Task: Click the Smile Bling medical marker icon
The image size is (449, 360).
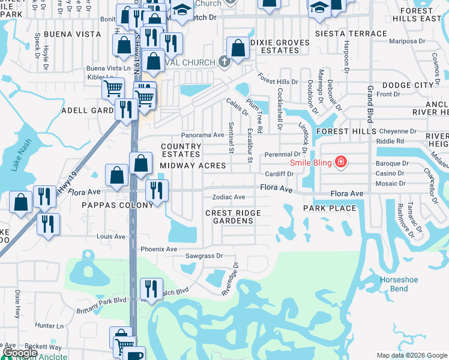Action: (x=341, y=162)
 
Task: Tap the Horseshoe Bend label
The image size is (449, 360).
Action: (x=394, y=284)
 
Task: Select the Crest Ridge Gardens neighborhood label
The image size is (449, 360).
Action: (x=233, y=217)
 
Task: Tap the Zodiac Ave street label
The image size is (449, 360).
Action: (x=228, y=197)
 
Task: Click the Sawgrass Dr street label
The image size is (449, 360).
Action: (x=204, y=256)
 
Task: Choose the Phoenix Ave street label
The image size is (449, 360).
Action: (x=158, y=249)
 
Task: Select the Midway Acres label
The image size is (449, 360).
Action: (x=192, y=166)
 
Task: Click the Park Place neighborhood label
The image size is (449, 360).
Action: (x=330, y=208)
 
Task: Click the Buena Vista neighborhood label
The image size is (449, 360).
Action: (x=73, y=34)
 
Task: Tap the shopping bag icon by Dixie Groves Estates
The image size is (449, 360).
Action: (x=238, y=50)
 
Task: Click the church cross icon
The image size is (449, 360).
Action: (x=224, y=61)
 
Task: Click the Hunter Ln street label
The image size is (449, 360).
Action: (x=49, y=326)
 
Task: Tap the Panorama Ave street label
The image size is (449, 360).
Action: (x=203, y=135)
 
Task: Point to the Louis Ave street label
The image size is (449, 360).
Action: (x=111, y=236)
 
